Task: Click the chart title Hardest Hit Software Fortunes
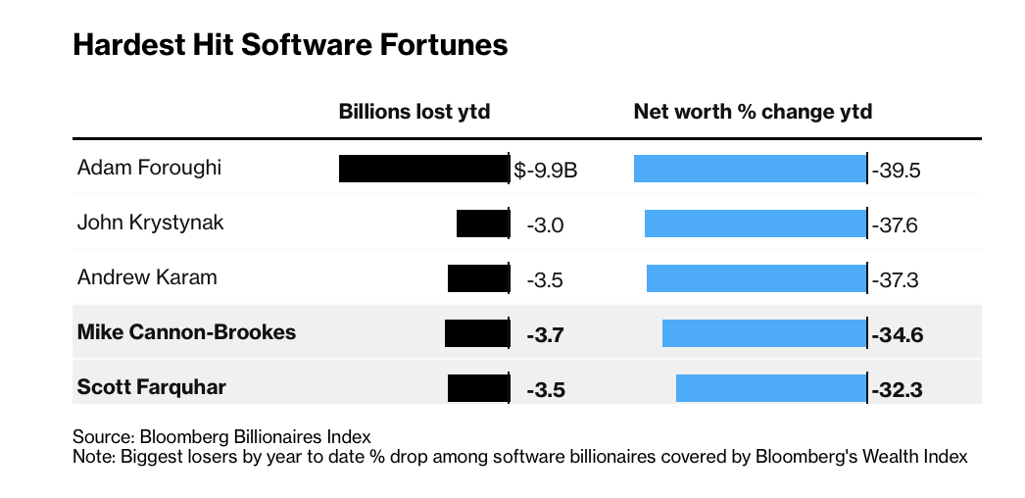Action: [x=290, y=46]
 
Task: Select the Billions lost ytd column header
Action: [x=414, y=112]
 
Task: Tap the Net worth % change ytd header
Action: [x=753, y=112]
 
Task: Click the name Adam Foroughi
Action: [x=149, y=168]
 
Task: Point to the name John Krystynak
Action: [x=150, y=223]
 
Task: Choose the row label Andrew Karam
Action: [x=147, y=277]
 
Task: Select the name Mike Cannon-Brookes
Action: [x=186, y=332]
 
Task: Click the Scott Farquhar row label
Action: [x=151, y=387]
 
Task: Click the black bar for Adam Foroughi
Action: [x=423, y=169]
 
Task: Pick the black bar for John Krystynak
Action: [x=482, y=224]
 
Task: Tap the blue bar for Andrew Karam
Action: [x=756, y=278]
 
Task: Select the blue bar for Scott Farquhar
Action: [x=770, y=388]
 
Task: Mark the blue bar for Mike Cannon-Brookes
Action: [x=763, y=333]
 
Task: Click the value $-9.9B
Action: [x=546, y=172]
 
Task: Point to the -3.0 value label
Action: [x=545, y=226]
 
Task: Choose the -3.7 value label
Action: [x=545, y=336]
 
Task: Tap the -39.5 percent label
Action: [x=897, y=172]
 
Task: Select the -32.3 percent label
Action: [x=898, y=390]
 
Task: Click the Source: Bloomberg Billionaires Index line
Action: [x=221, y=437]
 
